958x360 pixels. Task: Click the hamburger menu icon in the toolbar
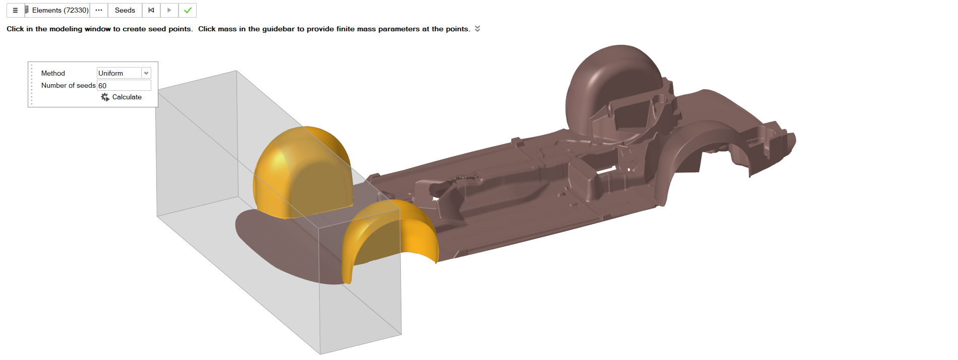coord(15,10)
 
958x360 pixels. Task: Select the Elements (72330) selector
coord(57,10)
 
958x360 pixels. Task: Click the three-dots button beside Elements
coord(99,10)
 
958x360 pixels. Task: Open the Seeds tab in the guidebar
coord(125,10)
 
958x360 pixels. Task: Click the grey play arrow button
coord(169,10)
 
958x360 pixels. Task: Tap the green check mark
coord(188,10)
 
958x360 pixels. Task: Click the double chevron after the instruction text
coord(477,29)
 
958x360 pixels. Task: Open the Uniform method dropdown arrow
coord(146,73)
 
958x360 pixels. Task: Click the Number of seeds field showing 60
coord(124,86)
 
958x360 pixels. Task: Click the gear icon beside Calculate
coord(105,97)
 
